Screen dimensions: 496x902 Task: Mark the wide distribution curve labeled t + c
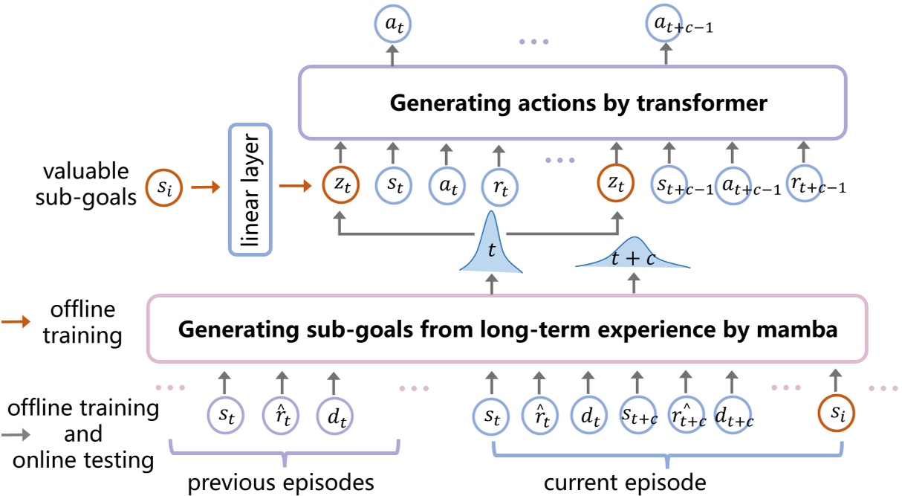633,257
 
